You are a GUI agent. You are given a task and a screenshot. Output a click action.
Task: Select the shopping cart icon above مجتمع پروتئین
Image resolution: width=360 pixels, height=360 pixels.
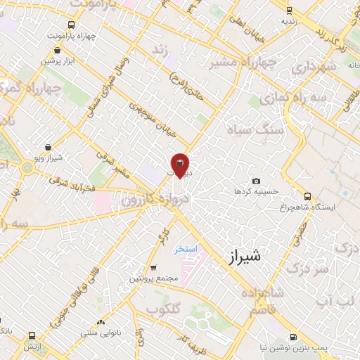(153, 268)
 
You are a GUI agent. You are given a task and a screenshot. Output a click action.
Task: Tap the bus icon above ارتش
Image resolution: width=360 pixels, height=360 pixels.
(31, 336)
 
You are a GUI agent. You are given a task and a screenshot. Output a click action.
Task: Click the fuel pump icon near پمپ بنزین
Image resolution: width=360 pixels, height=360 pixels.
(293, 337)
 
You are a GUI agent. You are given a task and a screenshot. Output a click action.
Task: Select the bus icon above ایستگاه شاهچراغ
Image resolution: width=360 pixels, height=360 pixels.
(307, 196)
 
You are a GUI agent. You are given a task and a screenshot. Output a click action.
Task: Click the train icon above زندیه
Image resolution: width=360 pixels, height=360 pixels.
(289, 10)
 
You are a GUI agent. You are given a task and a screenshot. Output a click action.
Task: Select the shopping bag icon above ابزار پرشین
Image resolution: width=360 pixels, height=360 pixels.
(58, 50)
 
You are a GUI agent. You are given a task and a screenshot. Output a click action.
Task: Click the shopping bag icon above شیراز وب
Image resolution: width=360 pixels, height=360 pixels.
(47, 148)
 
